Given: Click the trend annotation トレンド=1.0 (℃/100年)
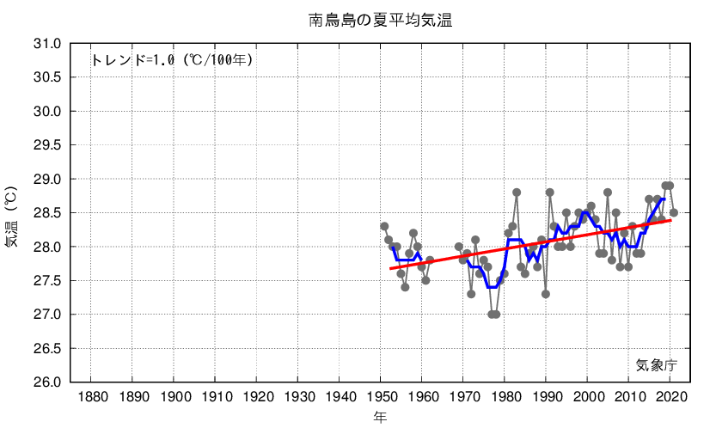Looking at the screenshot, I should point(172,60).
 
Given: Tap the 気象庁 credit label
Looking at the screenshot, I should point(657,364).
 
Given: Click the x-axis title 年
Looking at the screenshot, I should point(379,417).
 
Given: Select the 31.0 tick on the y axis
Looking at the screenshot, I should point(47,44).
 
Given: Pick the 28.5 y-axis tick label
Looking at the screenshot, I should point(47,213).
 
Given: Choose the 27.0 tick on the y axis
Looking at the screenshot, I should point(47,315).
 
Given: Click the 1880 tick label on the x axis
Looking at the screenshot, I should point(92,397).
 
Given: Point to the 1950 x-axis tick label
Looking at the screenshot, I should point(381,397).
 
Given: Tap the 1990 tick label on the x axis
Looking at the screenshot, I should point(547,397).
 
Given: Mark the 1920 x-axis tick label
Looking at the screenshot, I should point(257,397).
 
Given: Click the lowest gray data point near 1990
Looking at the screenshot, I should point(546,294).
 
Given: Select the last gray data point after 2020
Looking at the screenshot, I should point(674,212).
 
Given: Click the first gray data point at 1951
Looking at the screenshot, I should point(384,226).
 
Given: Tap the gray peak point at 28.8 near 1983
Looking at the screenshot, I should point(517,193).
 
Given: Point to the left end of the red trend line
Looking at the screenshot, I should point(389,269).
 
